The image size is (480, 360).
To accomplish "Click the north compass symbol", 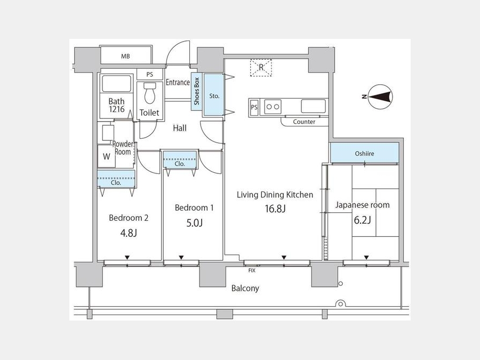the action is [380, 97].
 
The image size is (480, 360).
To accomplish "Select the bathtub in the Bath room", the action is [116, 83].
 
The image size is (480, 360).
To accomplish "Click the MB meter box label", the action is [125, 57].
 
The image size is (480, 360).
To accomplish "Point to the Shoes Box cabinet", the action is [196, 91].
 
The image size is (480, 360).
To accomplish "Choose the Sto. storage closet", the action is [214, 95].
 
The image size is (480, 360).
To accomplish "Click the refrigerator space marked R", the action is [261, 67].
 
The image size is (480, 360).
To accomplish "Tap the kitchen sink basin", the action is [314, 106].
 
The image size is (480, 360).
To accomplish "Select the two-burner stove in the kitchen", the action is [273, 107].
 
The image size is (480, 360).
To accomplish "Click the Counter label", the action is [304, 122].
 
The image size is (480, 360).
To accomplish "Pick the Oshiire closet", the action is [364, 153].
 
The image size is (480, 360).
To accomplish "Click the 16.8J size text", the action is [275, 209].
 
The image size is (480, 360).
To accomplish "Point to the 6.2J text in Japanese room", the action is [363, 220].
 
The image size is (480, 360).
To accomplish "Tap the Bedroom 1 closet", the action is [180, 159].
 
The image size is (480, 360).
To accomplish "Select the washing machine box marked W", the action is [106, 156].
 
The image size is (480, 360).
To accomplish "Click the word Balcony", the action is [245, 289].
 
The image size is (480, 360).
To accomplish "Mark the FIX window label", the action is [252, 270].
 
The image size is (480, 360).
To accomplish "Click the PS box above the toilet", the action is [150, 74].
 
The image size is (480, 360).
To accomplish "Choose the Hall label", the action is [180, 128].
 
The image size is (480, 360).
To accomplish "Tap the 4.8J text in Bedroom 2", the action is [129, 233].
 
